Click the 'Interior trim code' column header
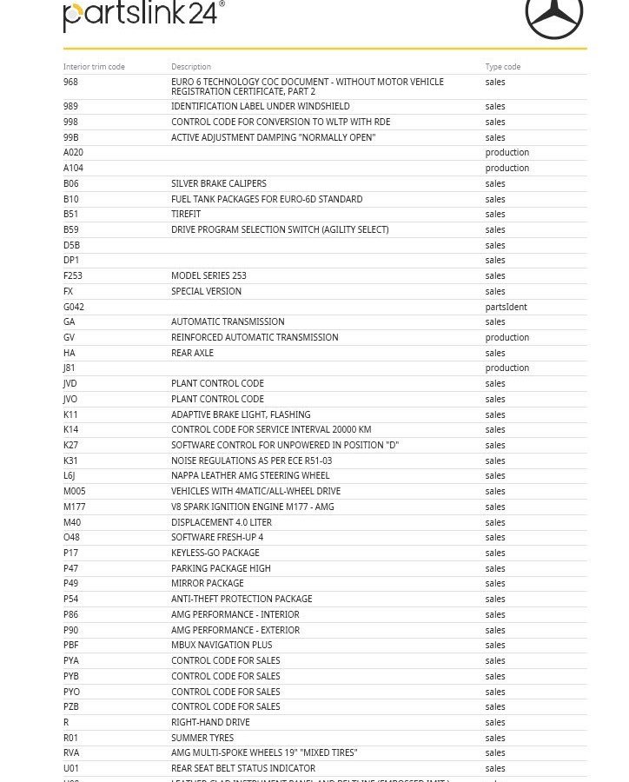click(x=94, y=67)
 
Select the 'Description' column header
click(x=191, y=67)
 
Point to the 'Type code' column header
click(x=503, y=67)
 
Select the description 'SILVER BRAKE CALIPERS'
click(x=219, y=183)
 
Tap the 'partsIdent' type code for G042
click(x=506, y=307)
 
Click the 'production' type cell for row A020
click(x=507, y=152)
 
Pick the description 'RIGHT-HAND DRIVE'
click(x=210, y=722)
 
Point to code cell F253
click(x=73, y=275)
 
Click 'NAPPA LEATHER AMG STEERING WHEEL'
click(x=250, y=475)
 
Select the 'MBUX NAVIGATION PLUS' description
click(x=222, y=645)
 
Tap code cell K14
click(x=70, y=429)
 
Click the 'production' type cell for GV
click(x=507, y=337)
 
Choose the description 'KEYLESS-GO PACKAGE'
click(x=215, y=553)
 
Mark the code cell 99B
click(x=71, y=137)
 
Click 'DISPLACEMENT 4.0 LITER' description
click(x=222, y=522)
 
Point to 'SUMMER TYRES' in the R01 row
click(x=202, y=738)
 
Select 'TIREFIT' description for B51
click(x=186, y=214)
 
